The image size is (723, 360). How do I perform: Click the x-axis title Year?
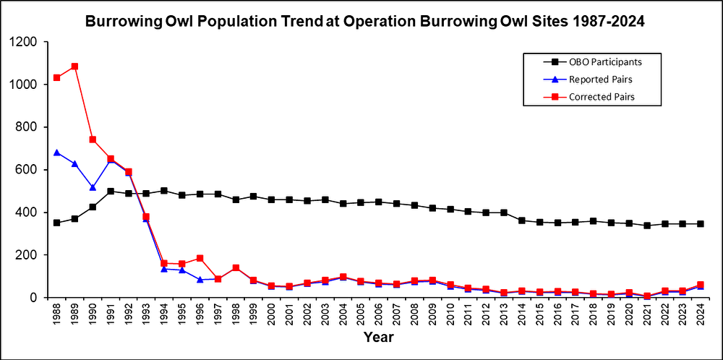(x=379, y=337)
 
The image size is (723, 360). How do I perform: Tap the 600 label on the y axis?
(x=30, y=170)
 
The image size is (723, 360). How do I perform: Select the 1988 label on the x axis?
(x=57, y=316)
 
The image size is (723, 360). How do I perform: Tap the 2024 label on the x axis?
(x=701, y=316)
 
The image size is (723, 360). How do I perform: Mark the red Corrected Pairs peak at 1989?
(x=74, y=67)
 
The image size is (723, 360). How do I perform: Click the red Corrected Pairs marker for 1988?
(x=57, y=77)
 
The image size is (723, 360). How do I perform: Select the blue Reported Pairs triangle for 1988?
(x=57, y=153)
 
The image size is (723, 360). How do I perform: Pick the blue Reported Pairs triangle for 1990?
(x=93, y=187)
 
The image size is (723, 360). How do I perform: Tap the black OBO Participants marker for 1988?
(x=57, y=223)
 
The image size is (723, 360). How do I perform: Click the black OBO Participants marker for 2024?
(x=701, y=224)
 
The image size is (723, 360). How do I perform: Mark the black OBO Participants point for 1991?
(x=111, y=191)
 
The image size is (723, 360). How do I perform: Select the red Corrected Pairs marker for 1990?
(x=93, y=140)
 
